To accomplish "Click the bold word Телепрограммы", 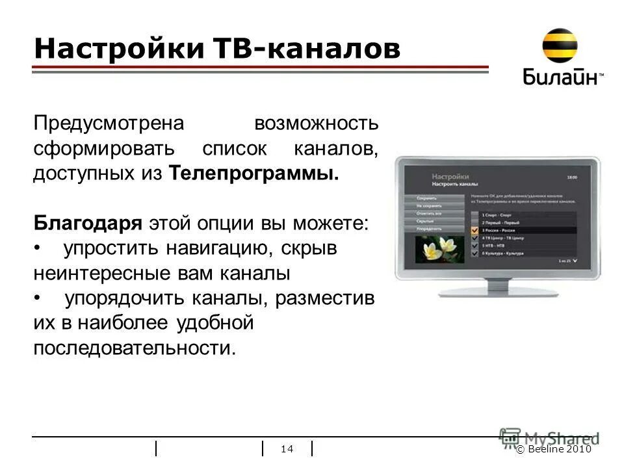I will coord(254,174).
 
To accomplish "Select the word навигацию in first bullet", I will coord(217,249).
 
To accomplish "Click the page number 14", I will coord(287,449).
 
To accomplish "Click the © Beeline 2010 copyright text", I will coord(554,449).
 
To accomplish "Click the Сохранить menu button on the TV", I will coord(426,198).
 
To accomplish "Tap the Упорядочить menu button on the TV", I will coord(426,228).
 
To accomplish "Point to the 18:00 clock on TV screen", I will coord(572,177).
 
